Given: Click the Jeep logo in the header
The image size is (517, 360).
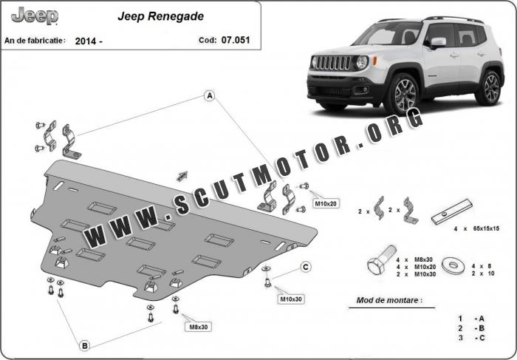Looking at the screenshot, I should tap(34, 15).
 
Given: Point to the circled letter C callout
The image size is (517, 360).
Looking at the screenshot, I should tap(305, 267).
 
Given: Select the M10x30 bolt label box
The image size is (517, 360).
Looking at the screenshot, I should tap(290, 299).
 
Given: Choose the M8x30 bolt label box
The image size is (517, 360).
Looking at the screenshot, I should tap(197, 326).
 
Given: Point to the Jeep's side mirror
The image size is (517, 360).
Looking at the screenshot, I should tap(437, 44).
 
